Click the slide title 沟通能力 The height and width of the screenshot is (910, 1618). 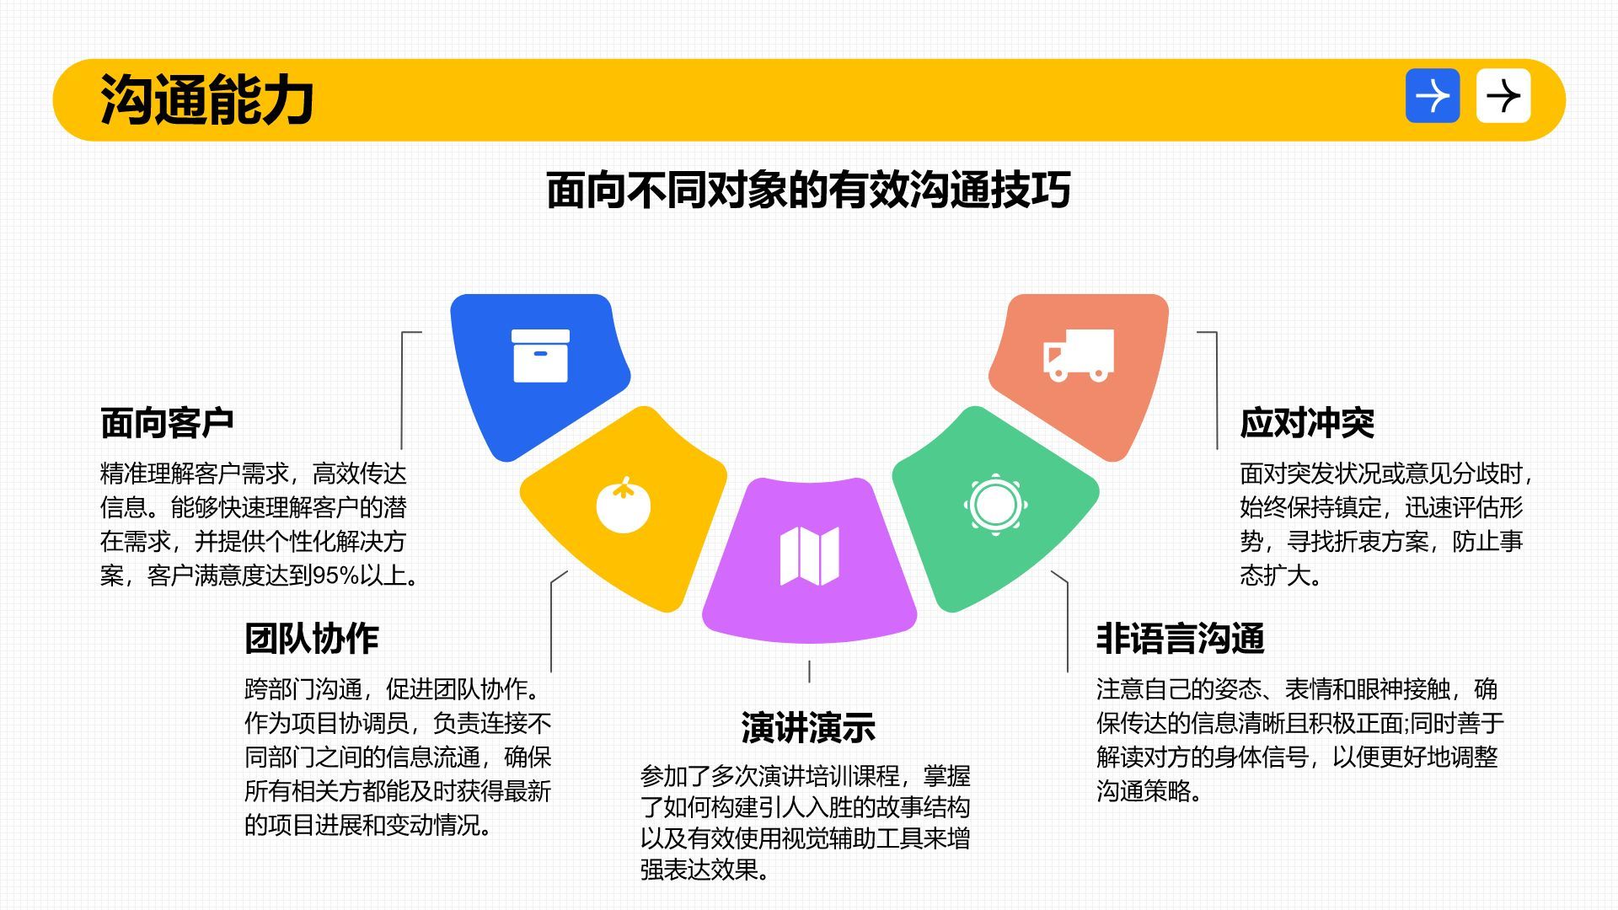[207, 99]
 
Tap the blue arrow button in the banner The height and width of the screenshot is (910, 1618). [1433, 96]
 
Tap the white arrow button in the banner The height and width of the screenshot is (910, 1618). [1503, 96]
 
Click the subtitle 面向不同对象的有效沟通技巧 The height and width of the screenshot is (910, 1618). [808, 190]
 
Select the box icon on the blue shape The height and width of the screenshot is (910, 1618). [540, 356]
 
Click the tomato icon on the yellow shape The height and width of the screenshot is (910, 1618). [624, 505]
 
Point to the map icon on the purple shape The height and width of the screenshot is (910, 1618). [809, 556]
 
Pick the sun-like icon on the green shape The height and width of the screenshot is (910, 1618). [995, 505]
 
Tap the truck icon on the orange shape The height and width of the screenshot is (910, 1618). [1079, 355]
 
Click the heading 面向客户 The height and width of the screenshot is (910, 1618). [167, 423]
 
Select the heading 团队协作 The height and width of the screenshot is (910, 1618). [312, 639]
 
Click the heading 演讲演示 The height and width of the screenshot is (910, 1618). [808, 728]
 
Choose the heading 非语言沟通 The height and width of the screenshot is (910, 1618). [1180, 639]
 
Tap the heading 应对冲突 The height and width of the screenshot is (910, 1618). [1307, 423]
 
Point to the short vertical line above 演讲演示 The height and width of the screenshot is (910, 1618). [809, 672]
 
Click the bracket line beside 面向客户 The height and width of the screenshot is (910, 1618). [402, 390]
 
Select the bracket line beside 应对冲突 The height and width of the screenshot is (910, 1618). [1216, 390]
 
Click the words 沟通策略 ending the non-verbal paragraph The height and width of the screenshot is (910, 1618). [1144, 791]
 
